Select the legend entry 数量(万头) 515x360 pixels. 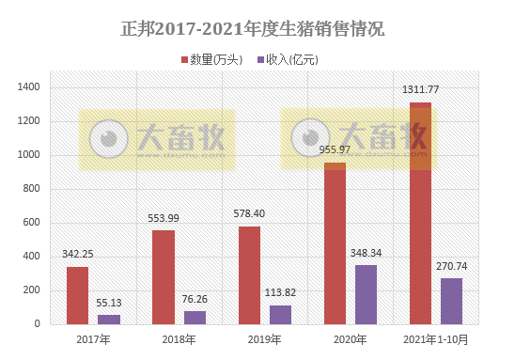point(211,59)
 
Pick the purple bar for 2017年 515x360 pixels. point(109,319)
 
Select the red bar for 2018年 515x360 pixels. point(163,277)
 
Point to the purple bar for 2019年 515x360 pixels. point(280,314)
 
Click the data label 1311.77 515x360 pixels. point(421,90)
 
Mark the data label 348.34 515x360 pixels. point(367,253)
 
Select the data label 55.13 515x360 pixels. point(110,303)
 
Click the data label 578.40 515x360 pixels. point(249,214)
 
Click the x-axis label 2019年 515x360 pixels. point(264,339)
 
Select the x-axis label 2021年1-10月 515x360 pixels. point(435,339)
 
